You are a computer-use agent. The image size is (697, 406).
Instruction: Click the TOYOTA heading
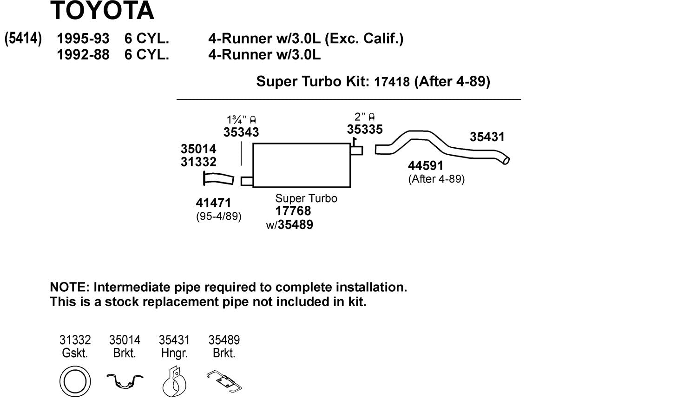coord(102,11)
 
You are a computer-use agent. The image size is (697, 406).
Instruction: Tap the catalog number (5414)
coord(23,38)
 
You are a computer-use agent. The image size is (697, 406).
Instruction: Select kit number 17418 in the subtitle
coord(392,82)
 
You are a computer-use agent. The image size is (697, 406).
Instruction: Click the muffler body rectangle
coord(301,165)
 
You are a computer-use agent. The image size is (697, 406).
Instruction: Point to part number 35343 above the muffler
coord(241,132)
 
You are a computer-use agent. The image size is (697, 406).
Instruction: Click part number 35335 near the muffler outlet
coord(364,130)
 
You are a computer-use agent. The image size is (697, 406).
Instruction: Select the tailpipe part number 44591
coord(425,166)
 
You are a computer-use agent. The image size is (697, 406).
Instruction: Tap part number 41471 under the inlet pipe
coord(213,203)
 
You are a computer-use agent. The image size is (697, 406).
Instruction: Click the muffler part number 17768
coord(293,211)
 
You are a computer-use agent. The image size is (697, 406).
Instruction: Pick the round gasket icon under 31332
coord(75,381)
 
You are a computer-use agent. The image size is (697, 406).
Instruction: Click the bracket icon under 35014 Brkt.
coord(125,381)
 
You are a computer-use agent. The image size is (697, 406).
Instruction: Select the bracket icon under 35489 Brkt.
coord(224,381)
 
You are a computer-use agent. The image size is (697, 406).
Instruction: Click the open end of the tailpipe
coord(506,160)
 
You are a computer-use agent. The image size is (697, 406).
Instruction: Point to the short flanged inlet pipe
coord(218,179)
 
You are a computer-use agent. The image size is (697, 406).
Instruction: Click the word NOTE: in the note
coord(69,288)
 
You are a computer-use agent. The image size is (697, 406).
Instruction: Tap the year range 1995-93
coord(83,39)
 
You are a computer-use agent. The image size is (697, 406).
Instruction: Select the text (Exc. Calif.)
coord(364,39)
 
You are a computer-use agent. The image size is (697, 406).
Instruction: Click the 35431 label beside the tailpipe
coord(487,137)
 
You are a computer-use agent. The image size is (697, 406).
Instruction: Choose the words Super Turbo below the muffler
coord(306,198)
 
